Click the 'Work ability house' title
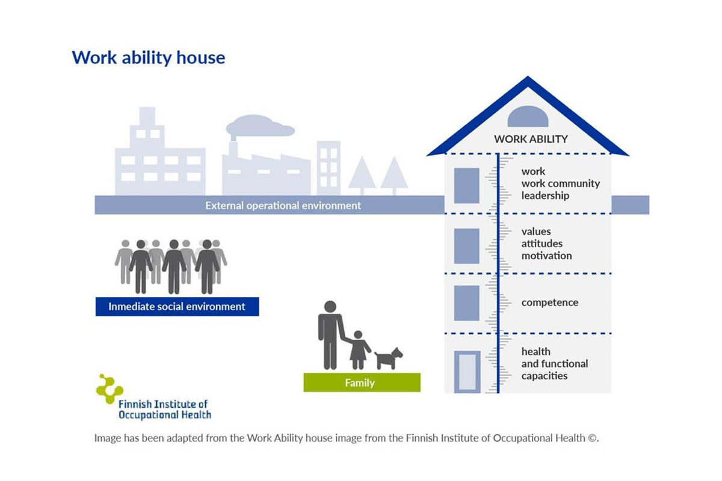coord(148,58)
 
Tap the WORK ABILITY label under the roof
coord(531,139)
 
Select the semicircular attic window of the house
coord(528,117)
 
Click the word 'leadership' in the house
coord(545,195)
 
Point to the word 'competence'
coord(550,302)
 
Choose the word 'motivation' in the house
coord(547,256)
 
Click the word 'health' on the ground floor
coord(536,352)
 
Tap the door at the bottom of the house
coord(467,372)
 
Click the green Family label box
coord(362,382)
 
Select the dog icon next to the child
coord(389,358)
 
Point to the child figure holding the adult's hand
coord(359,350)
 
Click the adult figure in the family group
coord(331,335)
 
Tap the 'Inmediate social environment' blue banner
coord(177,307)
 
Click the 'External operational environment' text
coord(283,206)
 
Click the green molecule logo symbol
coord(109,388)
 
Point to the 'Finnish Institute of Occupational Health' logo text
coord(165,409)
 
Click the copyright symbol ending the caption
coord(592,438)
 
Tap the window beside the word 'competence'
coord(466,303)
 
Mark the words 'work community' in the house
coord(561,183)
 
